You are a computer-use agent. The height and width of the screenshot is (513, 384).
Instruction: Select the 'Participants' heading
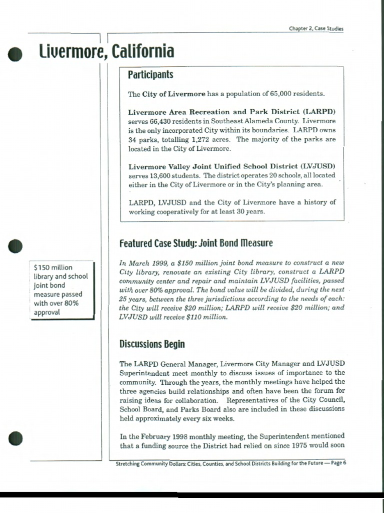150,75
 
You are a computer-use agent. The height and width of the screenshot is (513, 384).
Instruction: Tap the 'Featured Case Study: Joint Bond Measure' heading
196,243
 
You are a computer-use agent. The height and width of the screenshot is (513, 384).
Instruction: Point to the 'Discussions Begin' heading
152,344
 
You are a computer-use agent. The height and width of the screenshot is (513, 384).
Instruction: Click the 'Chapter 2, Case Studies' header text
316,29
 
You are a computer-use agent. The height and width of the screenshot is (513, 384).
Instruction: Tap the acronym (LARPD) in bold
319,112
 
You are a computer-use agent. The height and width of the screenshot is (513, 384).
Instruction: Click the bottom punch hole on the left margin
16,438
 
